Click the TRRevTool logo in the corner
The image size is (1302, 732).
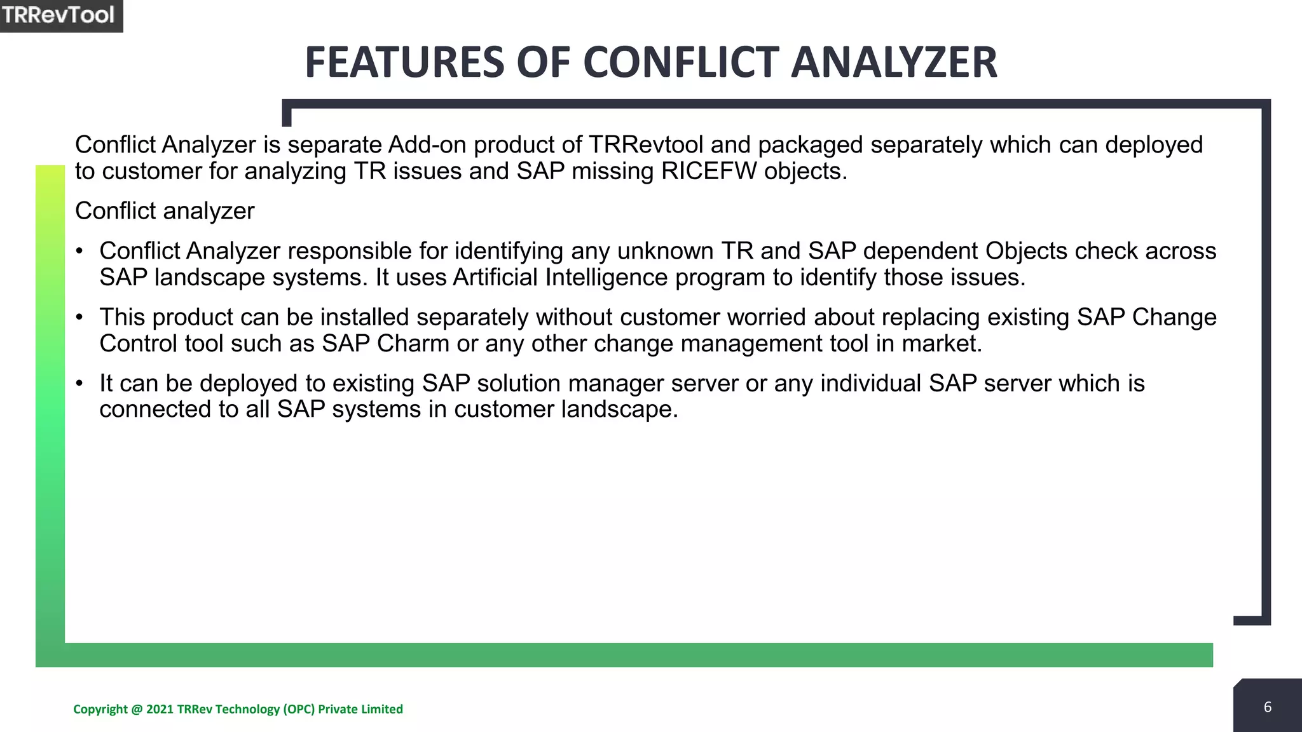(x=58, y=15)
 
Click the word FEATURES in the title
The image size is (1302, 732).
(x=405, y=63)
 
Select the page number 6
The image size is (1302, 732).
(x=1267, y=707)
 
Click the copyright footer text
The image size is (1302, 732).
(x=238, y=709)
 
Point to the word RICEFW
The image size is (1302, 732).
(x=708, y=172)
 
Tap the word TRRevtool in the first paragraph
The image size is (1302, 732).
(x=645, y=145)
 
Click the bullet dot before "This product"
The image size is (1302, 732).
(x=79, y=317)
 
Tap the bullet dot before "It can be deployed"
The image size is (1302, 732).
(x=79, y=383)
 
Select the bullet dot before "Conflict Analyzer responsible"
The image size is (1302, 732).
(x=79, y=251)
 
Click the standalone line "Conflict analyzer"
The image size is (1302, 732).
(x=165, y=211)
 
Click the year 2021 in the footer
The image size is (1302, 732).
(x=160, y=709)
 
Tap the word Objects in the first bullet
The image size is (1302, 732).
(x=1026, y=252)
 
